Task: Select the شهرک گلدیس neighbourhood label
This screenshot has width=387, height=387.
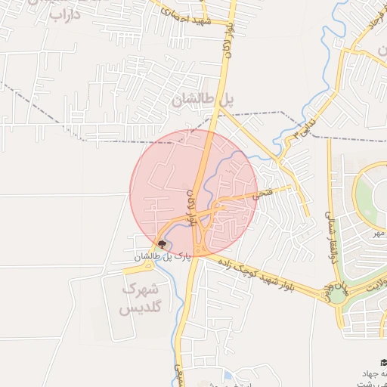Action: (141, 299)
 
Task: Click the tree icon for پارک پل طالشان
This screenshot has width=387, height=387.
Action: (161, 244)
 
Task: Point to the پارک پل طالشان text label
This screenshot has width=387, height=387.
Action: (160, 258)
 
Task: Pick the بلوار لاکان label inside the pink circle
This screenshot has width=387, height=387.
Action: (191, 209)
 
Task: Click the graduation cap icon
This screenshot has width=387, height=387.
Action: (383, 362)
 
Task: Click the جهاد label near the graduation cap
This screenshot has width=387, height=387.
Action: (375, 374)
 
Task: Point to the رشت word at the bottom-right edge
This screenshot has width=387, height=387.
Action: (376, 384)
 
